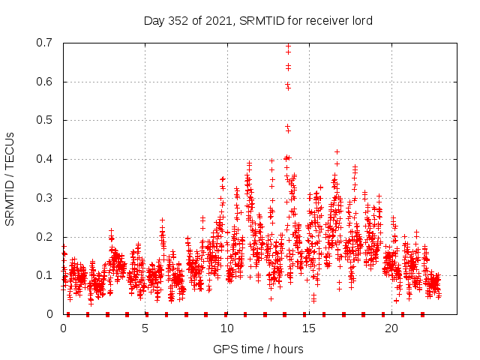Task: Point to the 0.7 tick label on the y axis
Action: tap(46, 43)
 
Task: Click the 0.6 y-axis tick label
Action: tap(46, 82)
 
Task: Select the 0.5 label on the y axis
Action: tap(46, 120)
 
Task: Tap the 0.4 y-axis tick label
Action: tap(46, 159)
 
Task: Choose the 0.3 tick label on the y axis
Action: tap(46, 198)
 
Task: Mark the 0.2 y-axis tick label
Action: tap(46, 237)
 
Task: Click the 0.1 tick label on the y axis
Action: tap(46, 275)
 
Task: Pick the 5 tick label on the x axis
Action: tap(145, 328)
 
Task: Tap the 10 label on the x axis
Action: tap(226, 328)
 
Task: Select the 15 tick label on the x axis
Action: tap(309, 328)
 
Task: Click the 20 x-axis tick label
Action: tap(391, 328)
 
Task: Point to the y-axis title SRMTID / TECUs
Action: tap(10, 178)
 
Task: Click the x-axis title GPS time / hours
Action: tap(258, 349)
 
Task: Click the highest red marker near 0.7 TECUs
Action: tap(288, 45)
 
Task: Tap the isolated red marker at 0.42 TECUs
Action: tap(337, 151)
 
